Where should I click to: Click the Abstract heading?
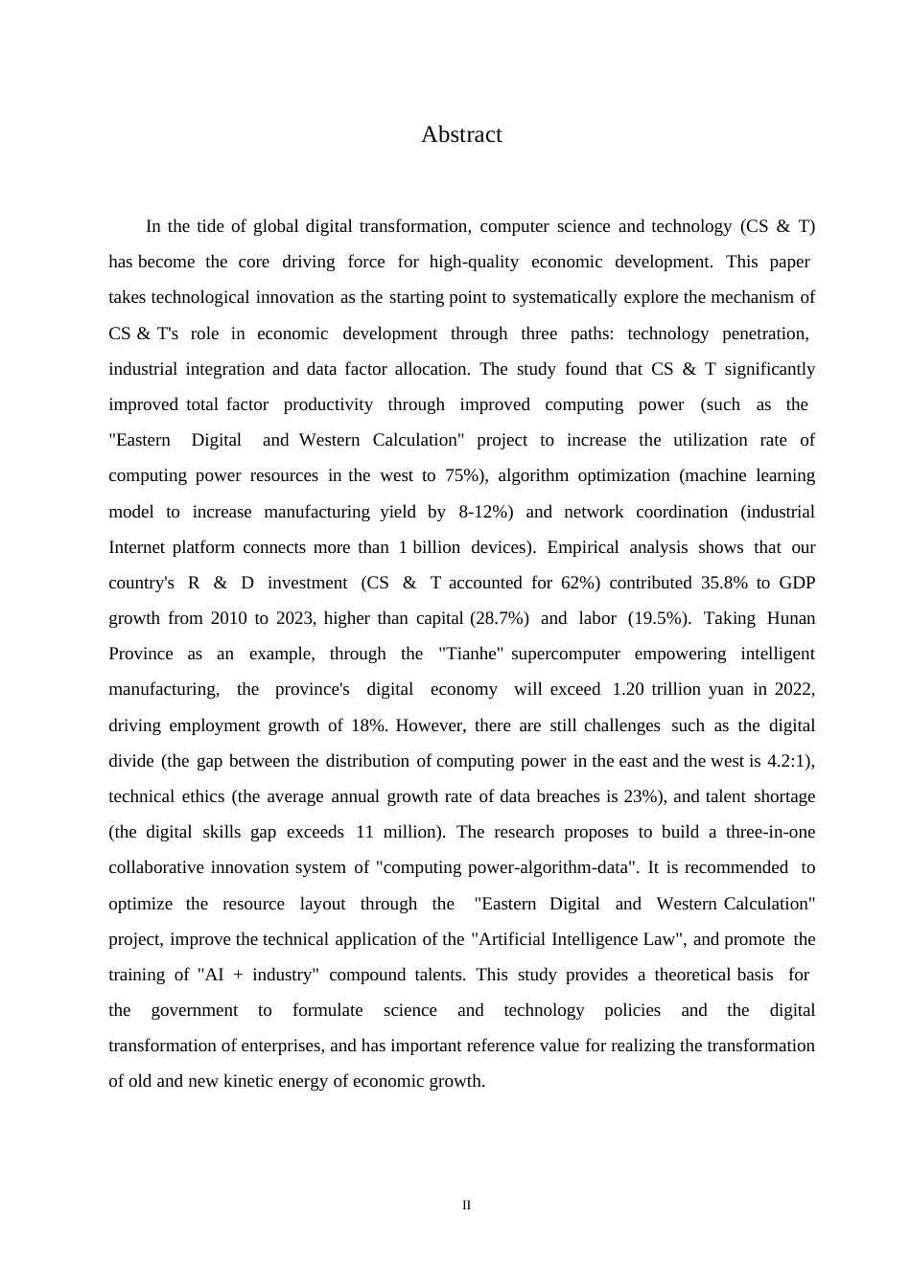[x=461, y=135]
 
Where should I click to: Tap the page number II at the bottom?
[x=467, y=1206]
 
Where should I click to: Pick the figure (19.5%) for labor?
[x=659, y=618]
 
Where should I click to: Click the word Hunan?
[x=791, y=618]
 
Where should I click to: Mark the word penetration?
[x=765, y=333]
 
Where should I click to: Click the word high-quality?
[x=474, y=262]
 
